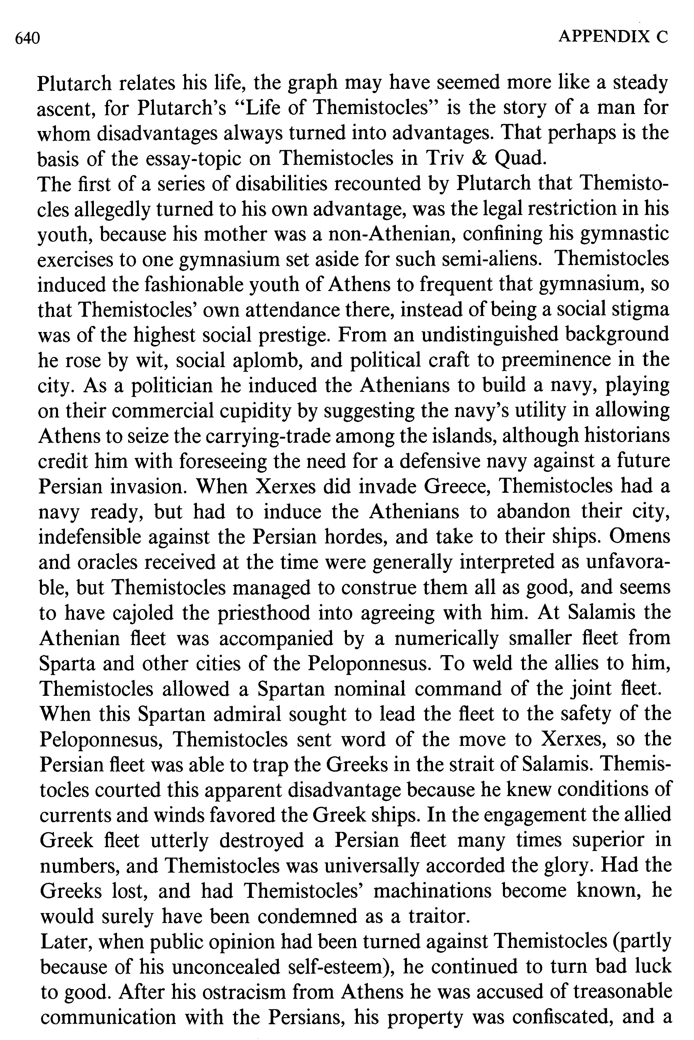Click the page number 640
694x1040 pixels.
[x=27, y=39]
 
